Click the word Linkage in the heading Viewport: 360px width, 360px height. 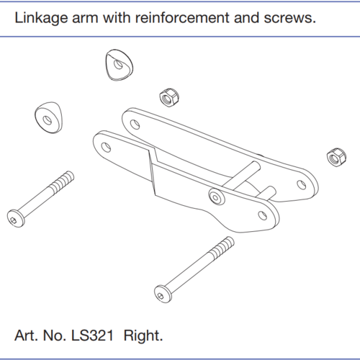pyautogui.click(x=41, y=18)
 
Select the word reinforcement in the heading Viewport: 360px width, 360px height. pyautogui.click(x=182, y=17)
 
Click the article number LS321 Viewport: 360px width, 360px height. pyautogui.click(x=92, y=336)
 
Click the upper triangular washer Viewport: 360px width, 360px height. pyautogui.click(x=120, y=65)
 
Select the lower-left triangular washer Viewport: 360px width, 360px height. pyautogui.click(x=49, y=117)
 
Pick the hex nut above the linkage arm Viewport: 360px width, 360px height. pyautogui.click(x=169, y=97)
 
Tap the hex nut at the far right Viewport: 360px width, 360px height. pyautogui.click(x=336, y=157)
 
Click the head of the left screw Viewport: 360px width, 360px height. pyautogui.click(x=16, y=218)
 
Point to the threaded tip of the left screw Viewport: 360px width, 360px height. pyautogui.click(x=63, y=181)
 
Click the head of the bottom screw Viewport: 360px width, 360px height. pyautogui.click(x=163, y=294)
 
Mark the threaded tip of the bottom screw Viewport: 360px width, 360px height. pyautogui.click(x=222, y=248)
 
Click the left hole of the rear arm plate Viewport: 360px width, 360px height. pyautogui.click(x=135, y=125)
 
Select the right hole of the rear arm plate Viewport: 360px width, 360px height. pyautogui.click(x=302, y=185)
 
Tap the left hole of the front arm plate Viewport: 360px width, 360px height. pyautogui.click(x=106, y=147)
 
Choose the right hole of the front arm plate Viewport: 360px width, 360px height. pyautogui.click(x=262, y=215)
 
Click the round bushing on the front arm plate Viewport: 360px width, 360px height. pyautogui.click(x=217, y=197)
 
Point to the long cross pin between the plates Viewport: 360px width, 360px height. pyautogui.click(x=243, y=175)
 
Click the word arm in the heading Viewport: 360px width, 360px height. pyautogui.click(x=85, y=18)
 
